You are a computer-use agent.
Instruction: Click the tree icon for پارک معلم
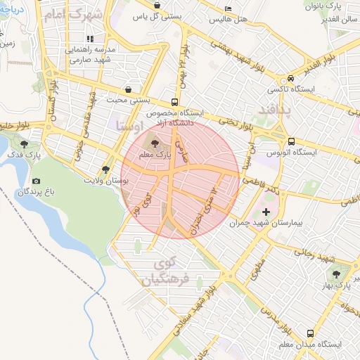click(155, 143)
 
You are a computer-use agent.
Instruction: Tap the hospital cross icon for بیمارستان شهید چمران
click(265, 212)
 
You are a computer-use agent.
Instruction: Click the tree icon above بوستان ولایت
click(105, 169)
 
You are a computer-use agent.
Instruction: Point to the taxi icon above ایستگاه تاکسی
click(290, 79)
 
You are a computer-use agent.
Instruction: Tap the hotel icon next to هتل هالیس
click(226, 8)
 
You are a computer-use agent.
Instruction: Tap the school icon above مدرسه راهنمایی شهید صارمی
click(89, 39)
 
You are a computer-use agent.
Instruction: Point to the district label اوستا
click(127, 127)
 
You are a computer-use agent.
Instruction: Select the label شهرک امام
click(74, 15)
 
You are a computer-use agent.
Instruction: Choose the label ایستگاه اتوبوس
click(292, 152)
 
